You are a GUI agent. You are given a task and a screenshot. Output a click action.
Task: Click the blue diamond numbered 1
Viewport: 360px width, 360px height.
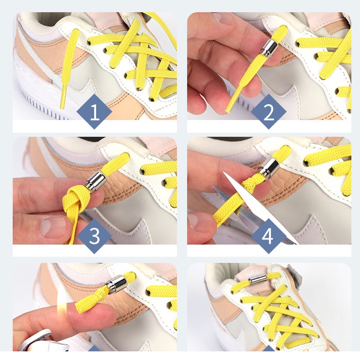(x=95, y=111)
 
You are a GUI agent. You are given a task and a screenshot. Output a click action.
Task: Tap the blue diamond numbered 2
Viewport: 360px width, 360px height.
(x=268, y=111)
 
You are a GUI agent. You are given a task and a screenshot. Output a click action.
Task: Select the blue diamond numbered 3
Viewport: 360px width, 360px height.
(x=95, y=236)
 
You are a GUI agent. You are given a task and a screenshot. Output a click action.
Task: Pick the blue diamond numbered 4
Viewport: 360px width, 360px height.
(x=268, y=236)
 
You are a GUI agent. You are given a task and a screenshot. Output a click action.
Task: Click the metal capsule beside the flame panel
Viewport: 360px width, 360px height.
(x=116, y=285)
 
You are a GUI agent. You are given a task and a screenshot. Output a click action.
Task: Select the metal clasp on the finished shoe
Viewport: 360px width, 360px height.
(x=258, y=280)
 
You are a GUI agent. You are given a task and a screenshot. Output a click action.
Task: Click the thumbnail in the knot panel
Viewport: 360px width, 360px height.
(x=52, y=227)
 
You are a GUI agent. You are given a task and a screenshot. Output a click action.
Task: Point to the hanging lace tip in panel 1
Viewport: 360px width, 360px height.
(x=64, y=97)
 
